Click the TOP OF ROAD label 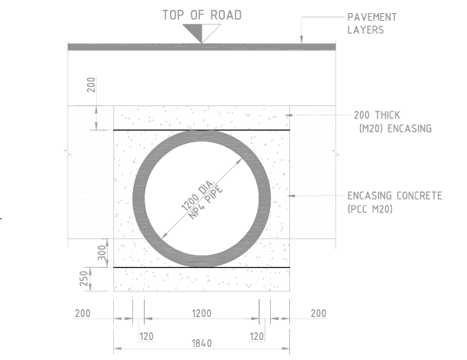[x=202, y=15]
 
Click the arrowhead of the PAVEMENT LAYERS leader [x=301, y=40]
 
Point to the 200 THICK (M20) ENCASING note [x=392, y=122]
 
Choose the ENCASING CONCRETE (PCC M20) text [x=394, y=202]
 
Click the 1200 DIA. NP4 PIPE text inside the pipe [x=202, y=198]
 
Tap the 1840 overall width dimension [x=202, y=343]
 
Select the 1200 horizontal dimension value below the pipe [x=202, y=313]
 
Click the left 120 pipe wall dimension [x=146, y=336]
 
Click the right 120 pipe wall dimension [x=257, y=336]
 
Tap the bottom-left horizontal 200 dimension [x=82, y=313]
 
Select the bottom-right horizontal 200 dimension [x=319, y=313]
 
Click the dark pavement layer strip [x=202, y=47]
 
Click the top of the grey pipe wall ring [x=202, y=136]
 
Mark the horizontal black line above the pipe [x=154, y=130]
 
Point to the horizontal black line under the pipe [x=154, y=267]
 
